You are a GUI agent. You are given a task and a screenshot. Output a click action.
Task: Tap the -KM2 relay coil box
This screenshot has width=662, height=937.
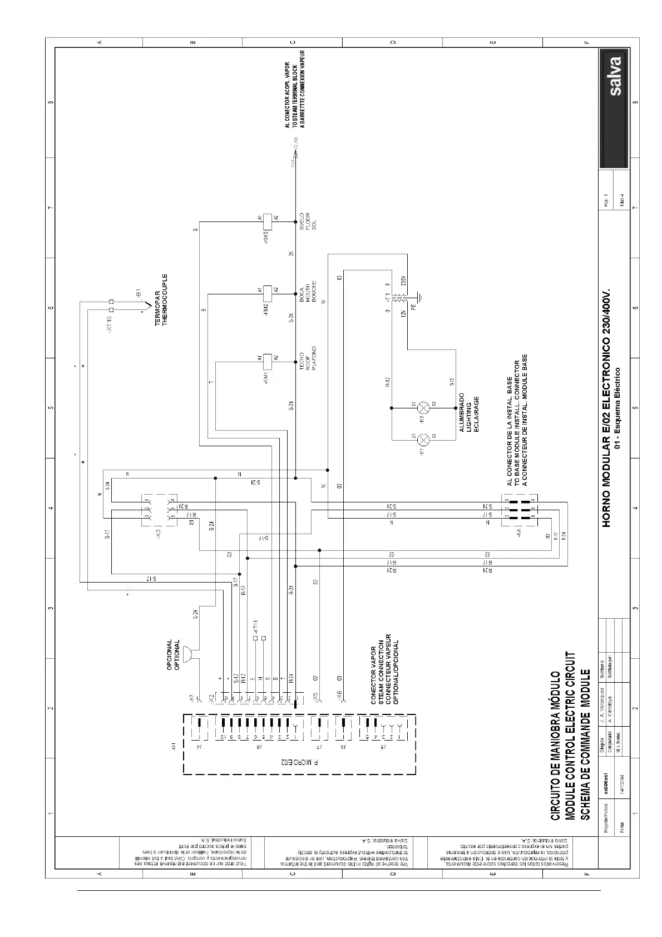point(267,290)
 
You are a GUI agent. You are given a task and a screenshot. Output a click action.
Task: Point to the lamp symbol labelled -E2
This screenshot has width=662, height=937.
point(423,407)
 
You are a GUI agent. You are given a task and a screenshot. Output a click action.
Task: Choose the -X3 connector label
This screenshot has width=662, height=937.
point(159,533)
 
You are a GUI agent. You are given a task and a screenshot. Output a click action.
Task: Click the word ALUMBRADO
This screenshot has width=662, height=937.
point(461,412)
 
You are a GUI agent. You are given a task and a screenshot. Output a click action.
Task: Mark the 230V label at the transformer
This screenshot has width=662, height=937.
point(403,280)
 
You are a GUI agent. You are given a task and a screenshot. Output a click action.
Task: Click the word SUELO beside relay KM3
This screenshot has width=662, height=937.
point(302,221)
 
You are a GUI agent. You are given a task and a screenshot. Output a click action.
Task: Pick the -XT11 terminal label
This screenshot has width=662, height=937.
point(255,627)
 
